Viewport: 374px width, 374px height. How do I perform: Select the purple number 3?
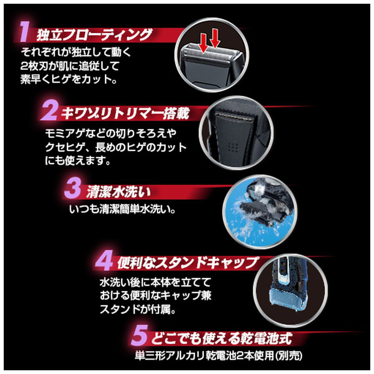tap(73, 189)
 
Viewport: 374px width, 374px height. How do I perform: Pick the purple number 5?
tap(140, 335)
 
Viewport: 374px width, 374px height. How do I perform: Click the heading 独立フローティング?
tap(94, 35)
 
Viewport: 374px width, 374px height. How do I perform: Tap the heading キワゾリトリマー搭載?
tap(125, 114)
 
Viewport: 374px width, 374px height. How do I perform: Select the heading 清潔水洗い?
tap(119, 192)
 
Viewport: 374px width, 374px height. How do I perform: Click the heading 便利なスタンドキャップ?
tap(187, 263)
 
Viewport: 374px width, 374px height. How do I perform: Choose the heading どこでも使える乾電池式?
tap(222, 338)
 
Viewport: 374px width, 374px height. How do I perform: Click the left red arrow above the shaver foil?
tap(203, 43)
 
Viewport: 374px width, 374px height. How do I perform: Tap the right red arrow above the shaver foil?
tap(215, 39)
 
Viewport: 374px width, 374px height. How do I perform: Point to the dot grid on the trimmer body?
tap(234, 147)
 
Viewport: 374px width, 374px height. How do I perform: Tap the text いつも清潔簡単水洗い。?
tap(122, 209)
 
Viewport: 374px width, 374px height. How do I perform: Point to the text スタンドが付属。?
tap(138, 309)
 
